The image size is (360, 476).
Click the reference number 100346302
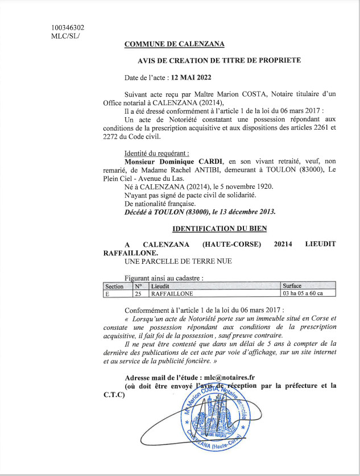point(68,27)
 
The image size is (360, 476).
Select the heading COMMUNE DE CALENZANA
point(174,44)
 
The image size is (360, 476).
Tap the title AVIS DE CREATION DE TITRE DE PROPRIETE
point(219,60)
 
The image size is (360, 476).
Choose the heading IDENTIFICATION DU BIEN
point(219,228)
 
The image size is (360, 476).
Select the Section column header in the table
point(114,286)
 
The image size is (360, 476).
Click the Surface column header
point(292,286)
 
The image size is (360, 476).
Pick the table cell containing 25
point(138,294)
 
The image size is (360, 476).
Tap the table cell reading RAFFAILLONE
point(171,294)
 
